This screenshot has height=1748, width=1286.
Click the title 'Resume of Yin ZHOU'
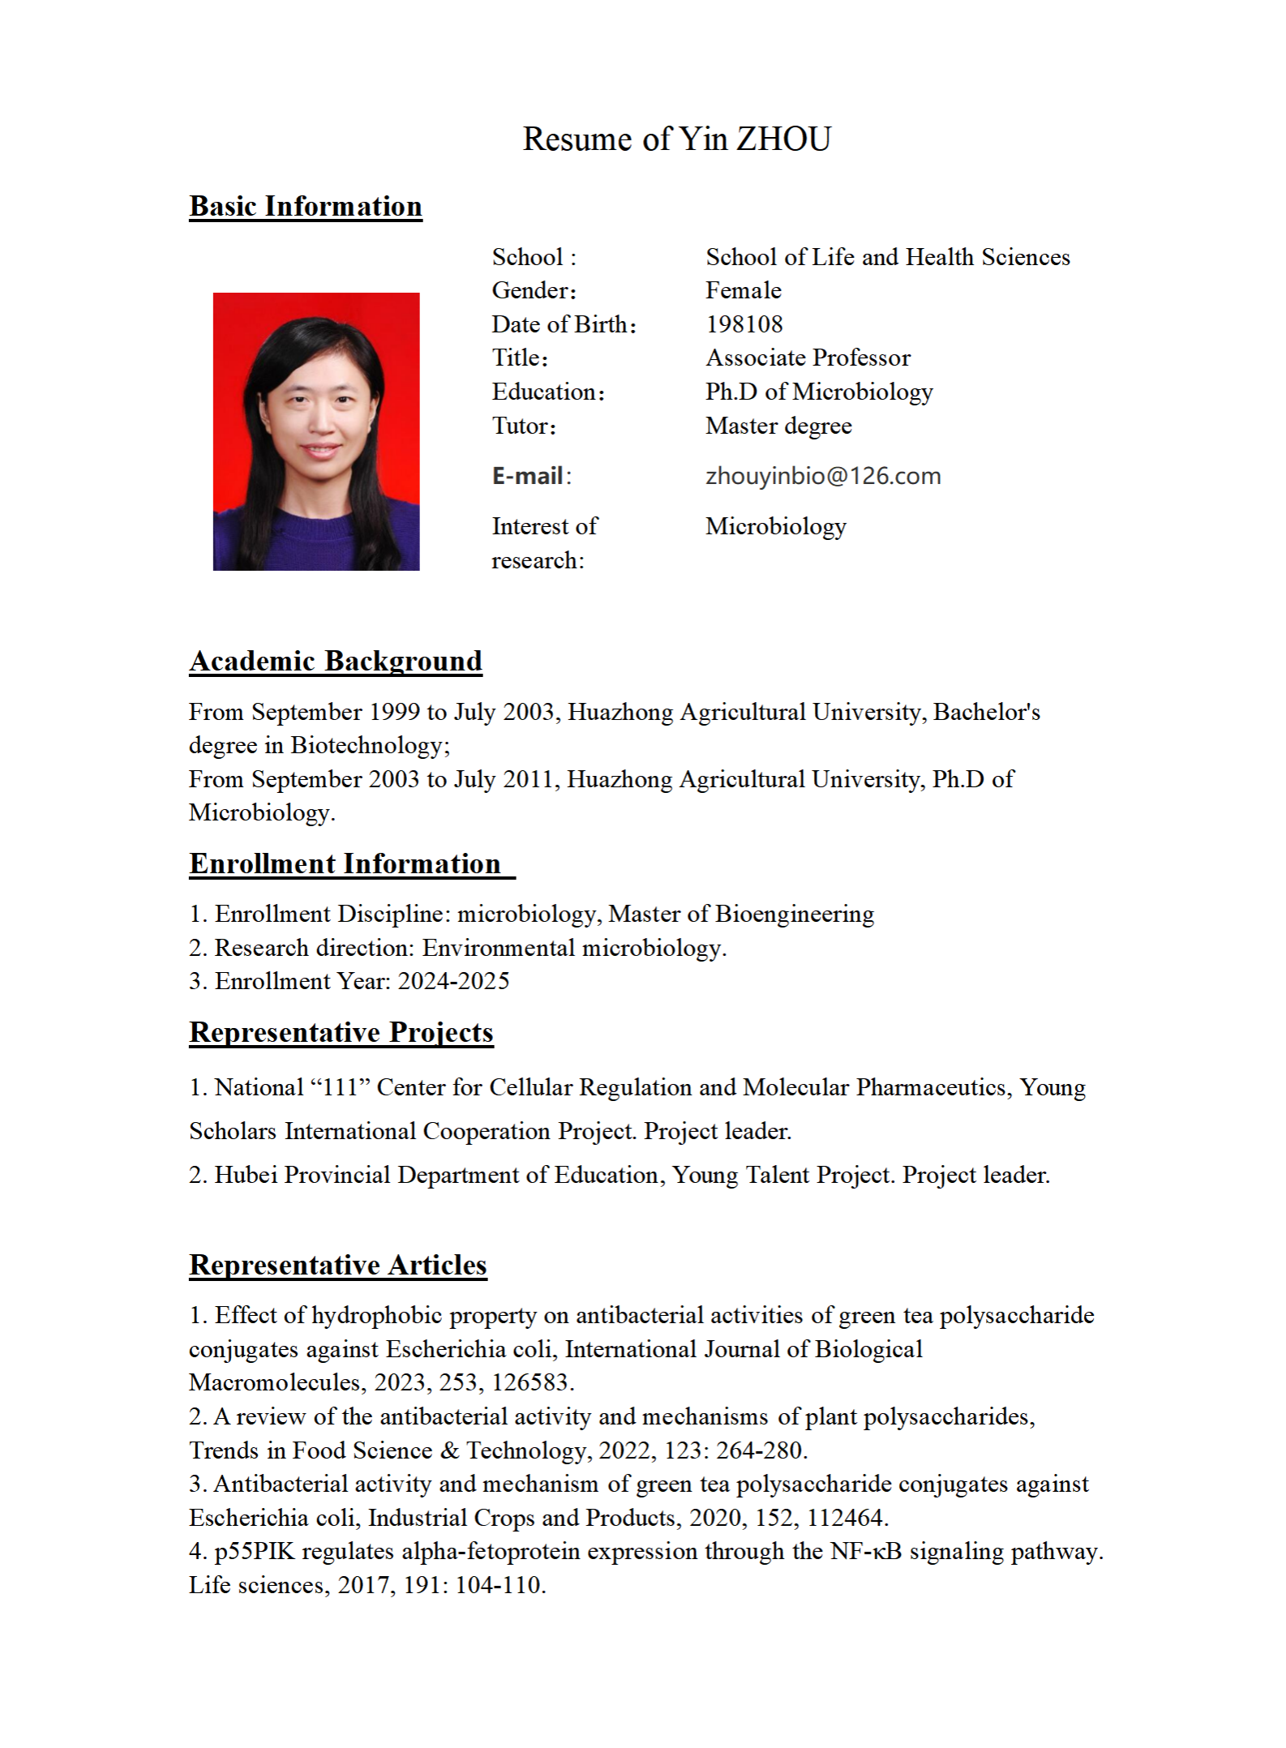676,139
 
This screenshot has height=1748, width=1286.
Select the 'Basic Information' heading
306,206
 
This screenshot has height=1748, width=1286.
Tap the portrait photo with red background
316,431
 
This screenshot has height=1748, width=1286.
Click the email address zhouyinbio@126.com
823,476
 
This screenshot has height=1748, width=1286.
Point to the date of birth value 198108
744,324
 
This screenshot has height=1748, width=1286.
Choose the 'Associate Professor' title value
808,358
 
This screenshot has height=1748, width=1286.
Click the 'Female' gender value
743,290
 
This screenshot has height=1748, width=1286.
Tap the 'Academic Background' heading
336,661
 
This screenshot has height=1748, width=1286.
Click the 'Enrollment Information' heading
345,863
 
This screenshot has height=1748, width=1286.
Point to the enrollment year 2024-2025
453,981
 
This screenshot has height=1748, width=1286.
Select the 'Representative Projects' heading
341,1032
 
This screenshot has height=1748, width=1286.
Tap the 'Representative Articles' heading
338,1265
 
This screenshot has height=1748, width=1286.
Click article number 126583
531,1382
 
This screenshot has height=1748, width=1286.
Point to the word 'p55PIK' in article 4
255,1551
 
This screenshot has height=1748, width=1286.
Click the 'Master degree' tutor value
778,426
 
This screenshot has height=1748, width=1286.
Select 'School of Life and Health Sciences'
888,257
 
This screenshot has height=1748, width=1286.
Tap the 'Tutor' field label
523,426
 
